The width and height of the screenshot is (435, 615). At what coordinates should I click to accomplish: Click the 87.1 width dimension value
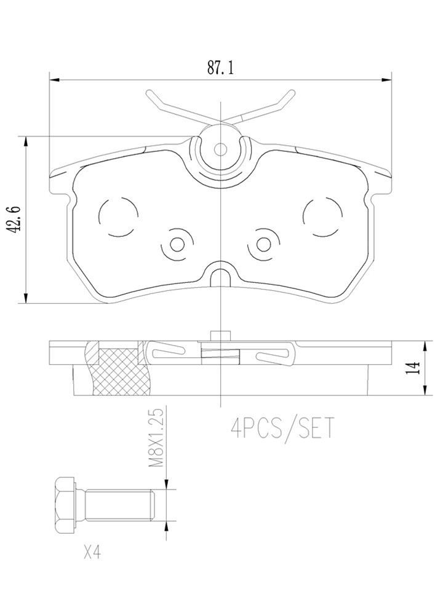[x=220, y=68]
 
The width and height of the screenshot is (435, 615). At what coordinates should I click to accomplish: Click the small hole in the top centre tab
[x=220, y=148]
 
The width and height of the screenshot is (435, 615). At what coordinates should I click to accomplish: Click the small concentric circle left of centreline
[x=177, y=244]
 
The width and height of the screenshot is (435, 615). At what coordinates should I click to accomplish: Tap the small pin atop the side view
[x=220, y=335]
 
